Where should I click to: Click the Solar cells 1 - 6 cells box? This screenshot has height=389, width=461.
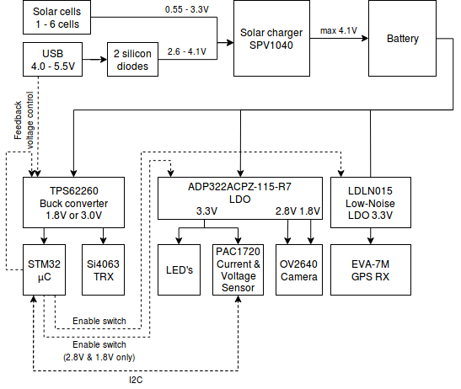[x=56, y=18]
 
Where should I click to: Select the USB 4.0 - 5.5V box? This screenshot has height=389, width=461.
[x=52, y=59]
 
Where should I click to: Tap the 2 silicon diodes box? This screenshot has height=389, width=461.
[x=132, y=59]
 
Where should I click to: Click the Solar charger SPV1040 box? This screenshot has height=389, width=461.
[x=271, y=38]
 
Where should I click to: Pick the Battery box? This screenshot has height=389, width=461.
[x=402, y=38]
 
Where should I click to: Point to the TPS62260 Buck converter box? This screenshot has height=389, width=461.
[x=74, y=202]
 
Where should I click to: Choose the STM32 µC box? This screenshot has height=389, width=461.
[x=44, y=269]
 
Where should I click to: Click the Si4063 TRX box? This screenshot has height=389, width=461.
[x=103, y=269]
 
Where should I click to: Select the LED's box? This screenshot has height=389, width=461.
[x=179, y=269]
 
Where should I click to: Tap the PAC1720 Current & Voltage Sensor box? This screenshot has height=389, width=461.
[x=239, y=269]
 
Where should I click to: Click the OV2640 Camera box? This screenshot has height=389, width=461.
[x=299, y=269]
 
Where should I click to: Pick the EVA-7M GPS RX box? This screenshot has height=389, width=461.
[x=371, y=269]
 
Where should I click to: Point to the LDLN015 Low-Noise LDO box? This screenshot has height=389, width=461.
[x=371, y=202]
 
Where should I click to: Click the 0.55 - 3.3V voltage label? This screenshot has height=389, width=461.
[x=187, y=9]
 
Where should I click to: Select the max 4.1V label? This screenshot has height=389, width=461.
[x=339, y=30]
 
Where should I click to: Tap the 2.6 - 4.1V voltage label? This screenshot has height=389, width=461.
[x=187, y=51]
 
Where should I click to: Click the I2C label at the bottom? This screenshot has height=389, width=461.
[x=136, y=380]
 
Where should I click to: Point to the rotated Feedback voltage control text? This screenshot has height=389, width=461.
[x=24, y=120]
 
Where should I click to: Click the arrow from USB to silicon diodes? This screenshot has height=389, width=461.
[x=94, y=59]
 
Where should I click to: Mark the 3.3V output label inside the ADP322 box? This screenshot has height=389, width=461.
[x=206, y=211]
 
